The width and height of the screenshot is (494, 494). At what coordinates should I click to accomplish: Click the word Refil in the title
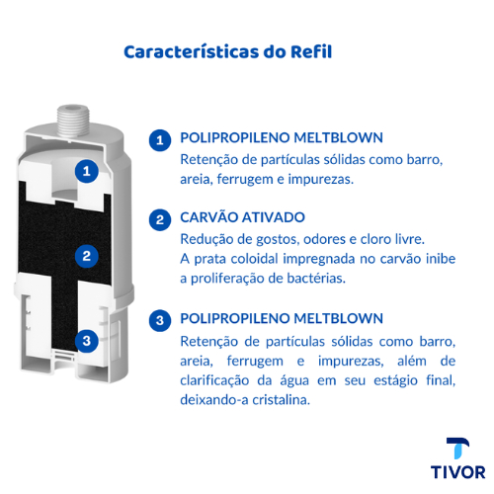tap(311, 51)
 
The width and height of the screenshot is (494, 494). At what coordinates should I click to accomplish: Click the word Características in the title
tap(191, 51)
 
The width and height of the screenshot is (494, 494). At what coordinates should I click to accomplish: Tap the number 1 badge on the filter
tap(87, 171)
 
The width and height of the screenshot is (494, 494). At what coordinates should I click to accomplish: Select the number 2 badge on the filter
tap(87, 256)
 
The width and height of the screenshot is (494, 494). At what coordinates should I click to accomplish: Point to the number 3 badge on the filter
tap(87, 341)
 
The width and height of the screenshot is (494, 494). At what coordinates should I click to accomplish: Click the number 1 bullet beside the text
tap(160, 140)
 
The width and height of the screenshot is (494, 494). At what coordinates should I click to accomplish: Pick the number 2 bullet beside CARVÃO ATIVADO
tap(160, 219)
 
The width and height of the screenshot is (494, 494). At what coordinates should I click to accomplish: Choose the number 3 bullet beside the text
tap(160, 320)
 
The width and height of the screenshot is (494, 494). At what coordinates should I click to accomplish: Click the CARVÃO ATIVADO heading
tap(242, 217)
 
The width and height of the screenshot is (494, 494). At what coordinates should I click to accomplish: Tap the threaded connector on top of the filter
tap(73, 121)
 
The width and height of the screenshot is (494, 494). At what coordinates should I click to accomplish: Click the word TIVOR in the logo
tap(457, 472)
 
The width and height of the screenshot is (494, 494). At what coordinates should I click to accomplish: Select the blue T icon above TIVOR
tap(458, 449)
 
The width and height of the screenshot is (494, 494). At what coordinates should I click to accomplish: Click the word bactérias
tap(316, 279)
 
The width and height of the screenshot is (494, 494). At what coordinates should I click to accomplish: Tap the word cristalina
tap(281, 400)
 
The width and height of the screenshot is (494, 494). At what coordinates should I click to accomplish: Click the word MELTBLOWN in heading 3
tap(338, 318)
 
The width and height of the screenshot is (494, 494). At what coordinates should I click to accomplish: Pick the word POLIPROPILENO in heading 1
tap(234, 137)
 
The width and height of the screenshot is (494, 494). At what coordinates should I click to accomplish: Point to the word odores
tap(324, 239)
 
